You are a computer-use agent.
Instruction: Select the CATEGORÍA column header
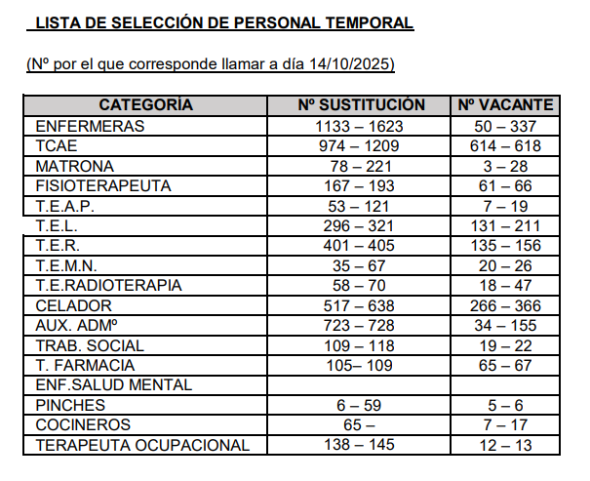coord(146,105)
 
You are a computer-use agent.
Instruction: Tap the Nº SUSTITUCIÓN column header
coord(360,105)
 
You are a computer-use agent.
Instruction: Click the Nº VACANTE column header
coord(506,105)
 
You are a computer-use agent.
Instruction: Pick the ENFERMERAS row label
coord(90,126)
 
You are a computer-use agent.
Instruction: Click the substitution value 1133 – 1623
coord(360,126)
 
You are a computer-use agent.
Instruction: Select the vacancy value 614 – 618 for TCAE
coord(506,145)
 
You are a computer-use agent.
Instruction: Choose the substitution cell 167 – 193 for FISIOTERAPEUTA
coord(360,185)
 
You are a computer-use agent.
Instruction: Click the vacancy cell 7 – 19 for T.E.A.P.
coord(506,206)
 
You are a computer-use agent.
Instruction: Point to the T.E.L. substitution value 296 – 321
coord(360,225)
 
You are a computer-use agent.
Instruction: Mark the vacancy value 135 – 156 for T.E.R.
coord(506,246)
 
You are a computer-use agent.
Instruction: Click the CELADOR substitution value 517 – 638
coord(360,305)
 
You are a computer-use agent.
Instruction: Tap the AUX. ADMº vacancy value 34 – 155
coord(506,326)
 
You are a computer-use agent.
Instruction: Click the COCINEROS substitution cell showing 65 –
coord(360,425)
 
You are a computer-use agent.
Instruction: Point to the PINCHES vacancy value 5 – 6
coord(506,406)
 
